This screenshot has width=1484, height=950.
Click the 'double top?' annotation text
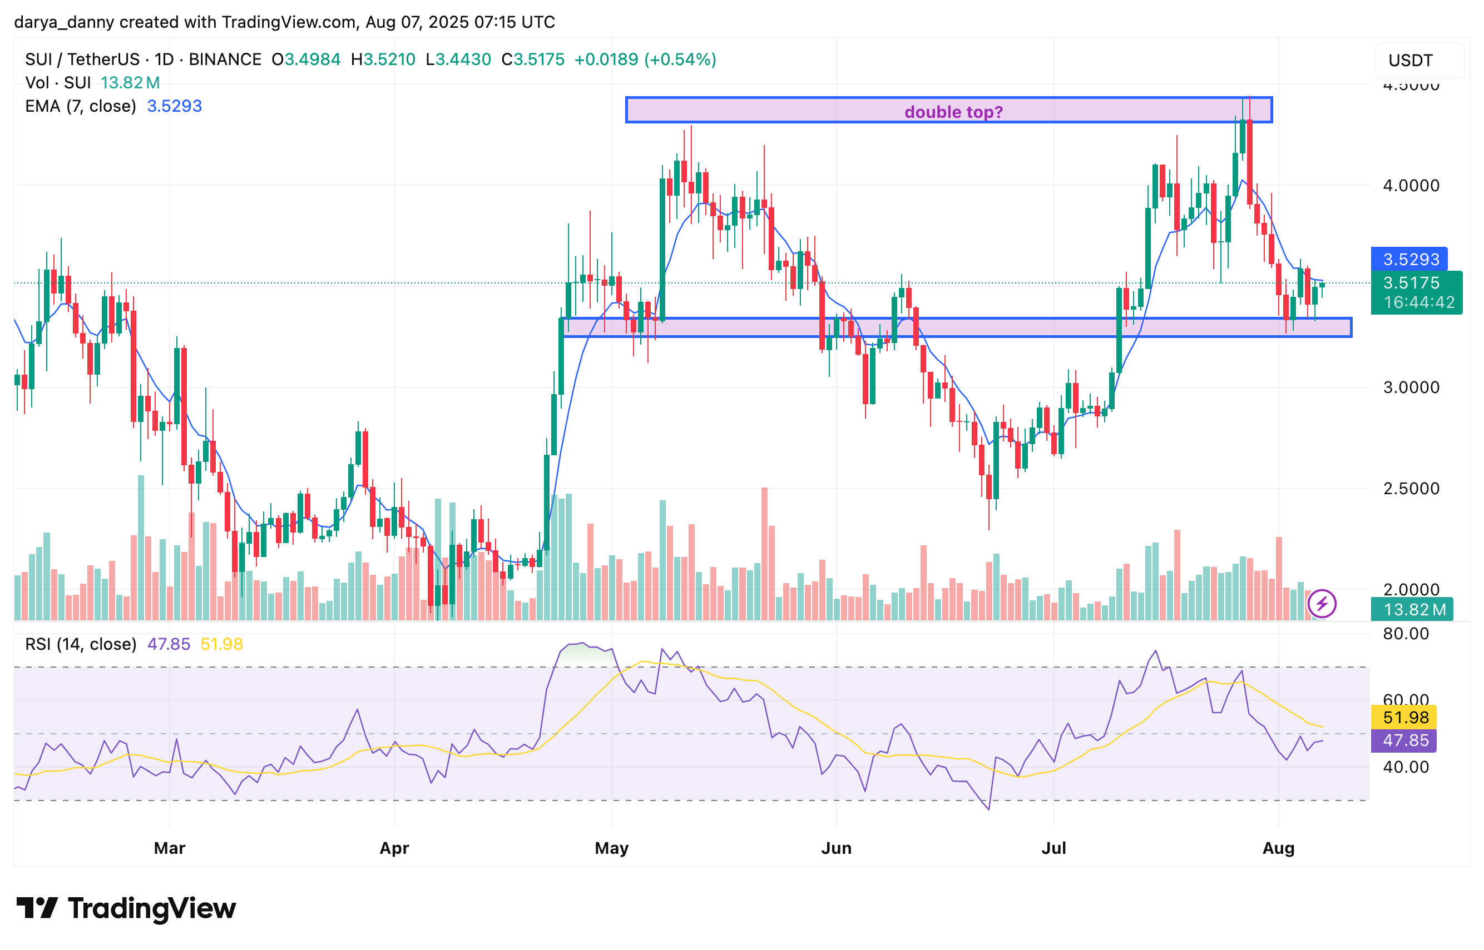[953, 112]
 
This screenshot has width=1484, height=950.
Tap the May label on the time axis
[611, 848]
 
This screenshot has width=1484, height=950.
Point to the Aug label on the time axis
[1278, 848]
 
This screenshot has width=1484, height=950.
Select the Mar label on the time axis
[169, 848]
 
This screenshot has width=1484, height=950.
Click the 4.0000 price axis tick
[1411, 185]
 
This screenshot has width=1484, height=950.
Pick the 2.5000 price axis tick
[1411, 489]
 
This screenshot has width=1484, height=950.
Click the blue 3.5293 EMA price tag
[1409, 259]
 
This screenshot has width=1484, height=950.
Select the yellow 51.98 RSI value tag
[1405, 717]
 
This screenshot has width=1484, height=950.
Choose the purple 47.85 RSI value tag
[1405, 740]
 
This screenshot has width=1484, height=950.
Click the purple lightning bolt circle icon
[1322, 603]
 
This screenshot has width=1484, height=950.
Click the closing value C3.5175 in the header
[533, 59]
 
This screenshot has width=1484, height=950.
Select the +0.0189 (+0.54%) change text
[645, 59]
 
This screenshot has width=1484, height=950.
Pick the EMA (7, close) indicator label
[80, 106]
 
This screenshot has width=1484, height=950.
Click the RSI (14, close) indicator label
[80, 644]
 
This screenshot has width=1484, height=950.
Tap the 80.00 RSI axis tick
[1406, 634]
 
